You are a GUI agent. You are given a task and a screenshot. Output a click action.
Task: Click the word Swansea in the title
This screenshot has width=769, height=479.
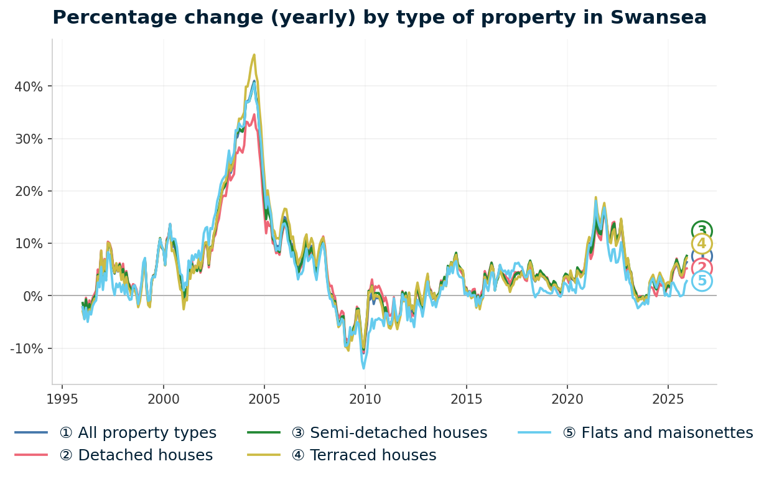663,17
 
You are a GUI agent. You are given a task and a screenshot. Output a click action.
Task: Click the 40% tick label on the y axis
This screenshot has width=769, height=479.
29,86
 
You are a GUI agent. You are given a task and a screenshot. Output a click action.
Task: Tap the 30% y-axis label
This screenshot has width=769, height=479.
29,139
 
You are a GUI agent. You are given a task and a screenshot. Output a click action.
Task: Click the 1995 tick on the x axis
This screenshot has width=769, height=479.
62,399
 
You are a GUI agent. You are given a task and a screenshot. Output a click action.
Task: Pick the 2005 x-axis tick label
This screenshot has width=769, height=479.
264,399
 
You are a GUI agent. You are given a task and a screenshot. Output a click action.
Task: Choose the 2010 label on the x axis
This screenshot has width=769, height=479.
365,399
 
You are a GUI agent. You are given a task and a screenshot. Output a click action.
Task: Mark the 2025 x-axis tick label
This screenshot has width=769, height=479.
668,399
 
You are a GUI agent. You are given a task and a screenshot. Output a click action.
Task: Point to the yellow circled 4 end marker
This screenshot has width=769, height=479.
702,244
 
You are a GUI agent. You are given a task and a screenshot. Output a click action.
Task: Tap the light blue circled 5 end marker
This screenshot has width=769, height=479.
702,281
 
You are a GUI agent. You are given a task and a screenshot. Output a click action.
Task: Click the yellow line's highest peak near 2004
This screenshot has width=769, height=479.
254,55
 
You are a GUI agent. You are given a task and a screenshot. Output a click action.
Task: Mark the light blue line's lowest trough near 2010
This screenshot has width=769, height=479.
364,368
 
